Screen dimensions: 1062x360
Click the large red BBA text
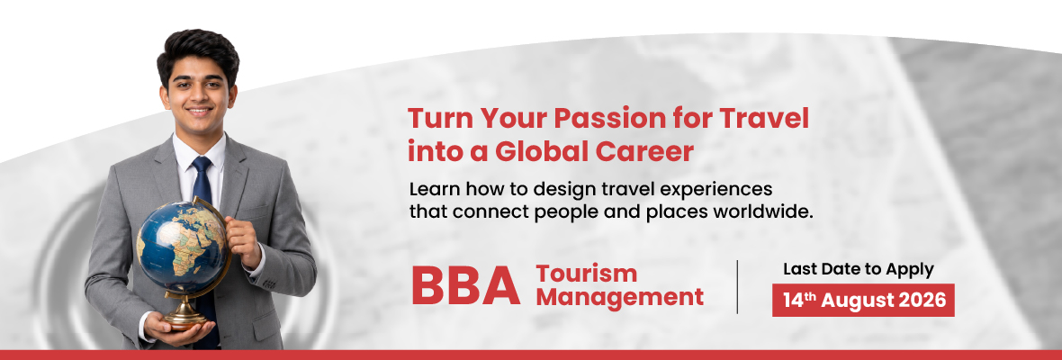pos(466,286)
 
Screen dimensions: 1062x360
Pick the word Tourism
pos(587,274)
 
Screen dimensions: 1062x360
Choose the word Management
pos(620,297)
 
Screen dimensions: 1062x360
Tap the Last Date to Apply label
pos(858,268)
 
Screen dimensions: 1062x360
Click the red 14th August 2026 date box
pos(863,300)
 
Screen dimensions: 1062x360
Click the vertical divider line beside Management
pos(737,286)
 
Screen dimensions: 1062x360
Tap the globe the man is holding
pos(181,247)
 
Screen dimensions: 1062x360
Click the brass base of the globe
pos(184,312)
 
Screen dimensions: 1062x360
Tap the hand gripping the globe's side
pos(242,241)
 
